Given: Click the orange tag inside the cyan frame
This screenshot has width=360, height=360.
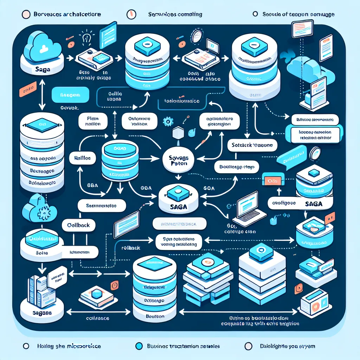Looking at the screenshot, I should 271,180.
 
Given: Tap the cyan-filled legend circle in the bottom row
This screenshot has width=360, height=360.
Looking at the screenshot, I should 140,346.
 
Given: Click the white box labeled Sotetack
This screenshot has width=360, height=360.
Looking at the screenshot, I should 252,144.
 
